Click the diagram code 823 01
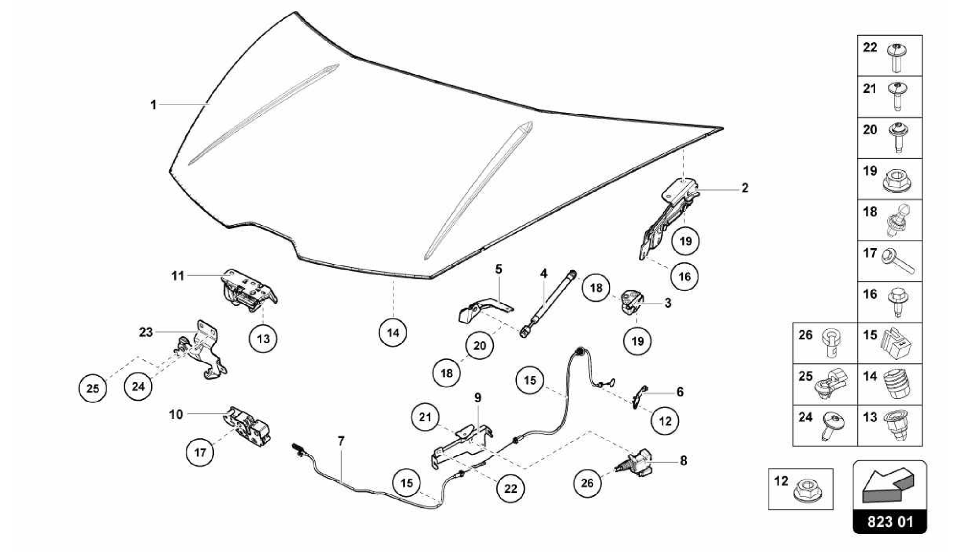tap(890, 522)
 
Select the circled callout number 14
tap(393, 333)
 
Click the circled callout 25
tap(93, 388)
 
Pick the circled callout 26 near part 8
tap(587, 483)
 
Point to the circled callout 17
tap(200, 452)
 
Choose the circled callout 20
tap(480, 346)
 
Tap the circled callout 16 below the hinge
tap(684, 276)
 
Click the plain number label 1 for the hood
tap(153, 104)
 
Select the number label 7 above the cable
tap(341, 441)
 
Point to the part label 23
tap(146, 332)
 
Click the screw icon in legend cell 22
tap(897, 57)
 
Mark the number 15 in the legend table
tap(870, 335)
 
